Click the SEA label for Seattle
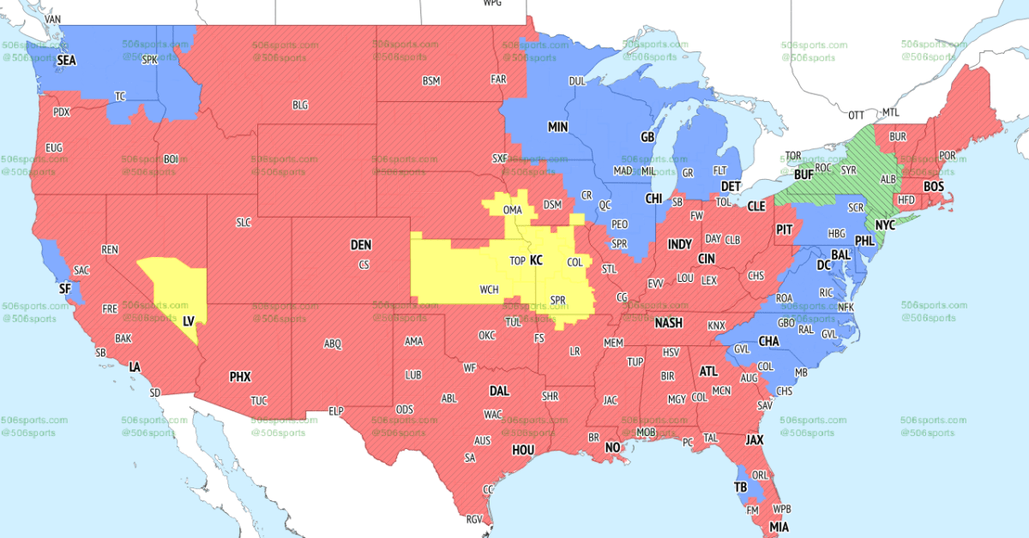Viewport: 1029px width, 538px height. [66, 61]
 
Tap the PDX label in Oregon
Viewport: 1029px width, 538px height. [62, 112]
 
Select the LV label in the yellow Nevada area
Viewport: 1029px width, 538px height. [189, 320]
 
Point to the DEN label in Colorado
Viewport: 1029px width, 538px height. [361, 245]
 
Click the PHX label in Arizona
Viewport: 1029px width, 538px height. [240, 376]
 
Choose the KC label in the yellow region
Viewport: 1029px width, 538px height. [537, 260]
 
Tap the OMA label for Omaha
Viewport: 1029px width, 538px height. [513, 211]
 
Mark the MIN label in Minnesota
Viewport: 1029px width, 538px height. [558, 127]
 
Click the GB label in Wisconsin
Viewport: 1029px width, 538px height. [648, 137]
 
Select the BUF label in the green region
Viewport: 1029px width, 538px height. [803, 174]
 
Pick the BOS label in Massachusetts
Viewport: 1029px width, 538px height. [934, 186]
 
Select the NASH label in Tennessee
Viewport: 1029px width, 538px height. [669, 323]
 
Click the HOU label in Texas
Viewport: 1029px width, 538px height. [523, 450]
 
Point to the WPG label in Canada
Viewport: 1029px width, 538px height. [492, 3]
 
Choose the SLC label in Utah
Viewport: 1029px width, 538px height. [244, 223]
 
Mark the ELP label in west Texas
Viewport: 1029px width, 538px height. [336, 411]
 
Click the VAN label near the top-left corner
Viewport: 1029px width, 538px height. [53, 18]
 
